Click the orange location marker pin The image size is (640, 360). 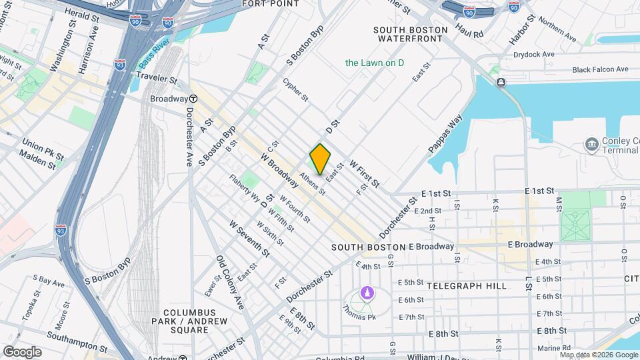320,159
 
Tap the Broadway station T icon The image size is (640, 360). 191,98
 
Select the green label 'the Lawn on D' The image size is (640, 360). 375,63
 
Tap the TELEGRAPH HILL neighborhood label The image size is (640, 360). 466,285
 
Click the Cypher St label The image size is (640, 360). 295,90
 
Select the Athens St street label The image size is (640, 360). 312,184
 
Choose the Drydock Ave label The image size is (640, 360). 539,54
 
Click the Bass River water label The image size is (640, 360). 155,56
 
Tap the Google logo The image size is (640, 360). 22,351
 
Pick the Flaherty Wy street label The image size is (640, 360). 245,189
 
